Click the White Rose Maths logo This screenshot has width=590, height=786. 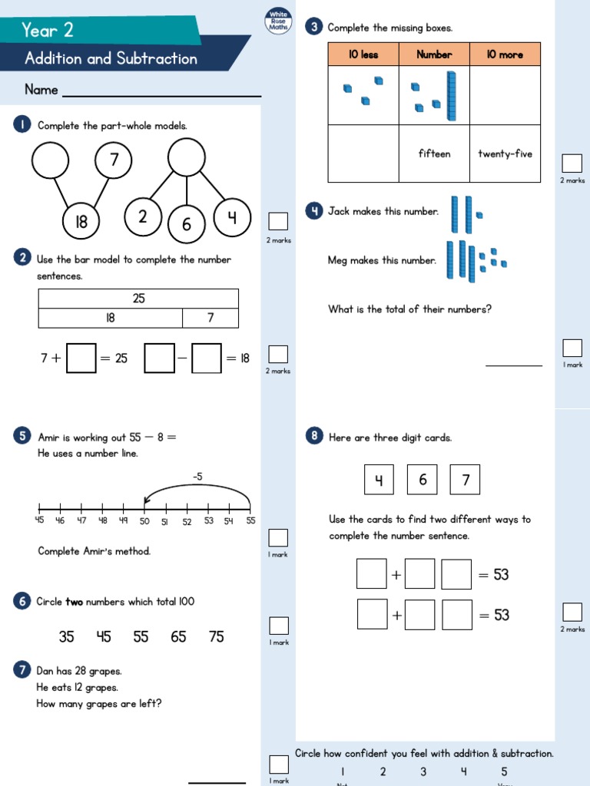point(277,21)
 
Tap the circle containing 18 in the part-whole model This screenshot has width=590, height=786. point(81,222)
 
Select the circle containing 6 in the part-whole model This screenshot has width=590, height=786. point(186,224)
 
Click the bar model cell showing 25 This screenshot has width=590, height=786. point(138,299)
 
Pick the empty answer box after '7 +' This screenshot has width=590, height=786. point(81,358)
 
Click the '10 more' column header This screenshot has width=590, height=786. point(505,54)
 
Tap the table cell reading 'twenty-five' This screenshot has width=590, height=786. point(505,154)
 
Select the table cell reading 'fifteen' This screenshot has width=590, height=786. point(434,154)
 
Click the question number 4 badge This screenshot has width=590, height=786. point(313,211)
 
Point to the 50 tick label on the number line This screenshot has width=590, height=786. point(144,522)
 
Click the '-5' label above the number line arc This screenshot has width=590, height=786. point(197,477)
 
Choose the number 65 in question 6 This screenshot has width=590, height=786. point(178,636)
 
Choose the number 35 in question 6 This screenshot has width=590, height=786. point(67,636)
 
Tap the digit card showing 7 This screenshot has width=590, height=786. point(465,480)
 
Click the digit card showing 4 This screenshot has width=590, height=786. point(379,480)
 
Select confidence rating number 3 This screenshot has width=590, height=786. point(423,771)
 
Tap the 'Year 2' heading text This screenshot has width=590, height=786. point(48,30)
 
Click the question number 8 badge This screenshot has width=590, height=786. point(313,437)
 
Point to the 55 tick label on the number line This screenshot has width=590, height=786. point(250,522)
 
